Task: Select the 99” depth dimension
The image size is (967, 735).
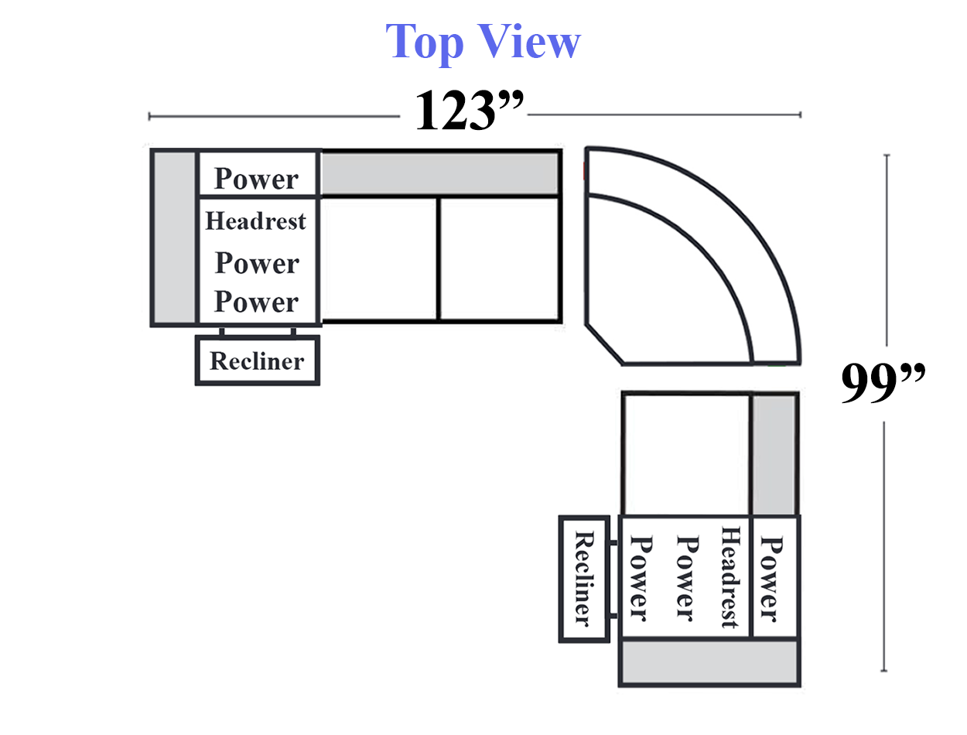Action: pyautogui.click(x=883, y=384)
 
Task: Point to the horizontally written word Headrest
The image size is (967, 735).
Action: pyautogui.click(x=255, y=221)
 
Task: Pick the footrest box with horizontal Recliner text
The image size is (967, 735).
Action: pyautogui.click(x=257, y=361)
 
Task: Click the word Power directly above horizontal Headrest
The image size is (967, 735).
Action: pyautogui.click(x=256, y=179)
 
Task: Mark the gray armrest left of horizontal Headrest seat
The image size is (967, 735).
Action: pyautogui.click(x=174, y=238)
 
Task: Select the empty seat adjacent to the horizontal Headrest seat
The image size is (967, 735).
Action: pyautogui.click(x=379, y=258)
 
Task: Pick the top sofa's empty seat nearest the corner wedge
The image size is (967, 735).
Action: pyautogui.click(x=500, y=258)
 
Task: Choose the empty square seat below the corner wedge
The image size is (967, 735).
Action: pyautogui.click(x=685, y=453)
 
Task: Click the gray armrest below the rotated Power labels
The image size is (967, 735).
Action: pyautogui.click(x=709, y=662)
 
